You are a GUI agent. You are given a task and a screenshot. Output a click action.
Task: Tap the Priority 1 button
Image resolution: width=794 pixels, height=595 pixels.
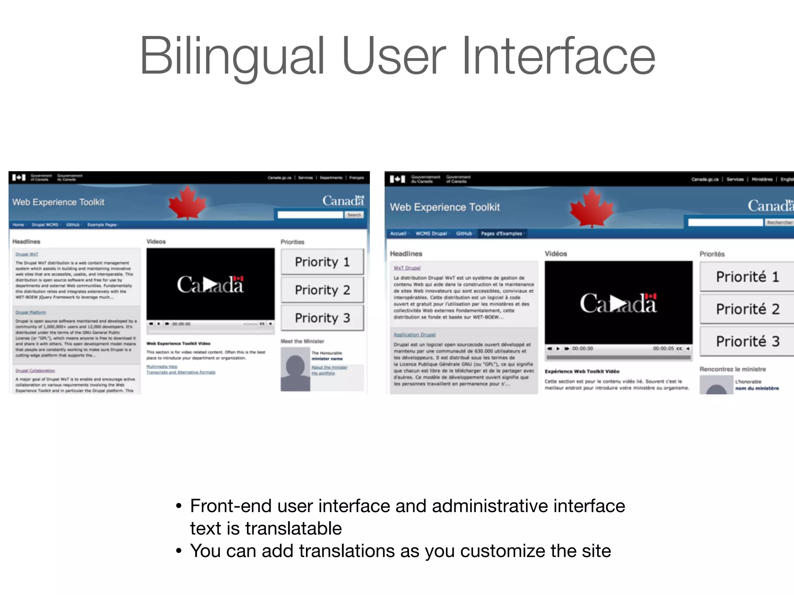tap(322, 262)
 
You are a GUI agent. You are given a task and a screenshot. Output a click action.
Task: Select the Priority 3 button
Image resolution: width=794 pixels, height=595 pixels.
tap(322, 318)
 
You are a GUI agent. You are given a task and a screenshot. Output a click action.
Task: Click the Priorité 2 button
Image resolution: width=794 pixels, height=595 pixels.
tap(747, 309)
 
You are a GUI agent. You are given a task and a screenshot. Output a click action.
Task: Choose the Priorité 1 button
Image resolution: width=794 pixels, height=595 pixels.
tap(747, 277)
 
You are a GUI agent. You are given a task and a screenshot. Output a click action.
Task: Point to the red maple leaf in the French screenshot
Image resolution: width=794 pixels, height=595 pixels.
tap(592, 208)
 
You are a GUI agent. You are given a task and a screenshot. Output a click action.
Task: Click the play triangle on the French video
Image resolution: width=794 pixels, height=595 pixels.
tap(618, 303)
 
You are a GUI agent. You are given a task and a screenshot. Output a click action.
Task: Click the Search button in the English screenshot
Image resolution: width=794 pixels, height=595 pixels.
tap(354, 215)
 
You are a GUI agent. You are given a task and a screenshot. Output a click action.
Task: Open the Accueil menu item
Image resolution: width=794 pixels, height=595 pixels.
tap(398, 234)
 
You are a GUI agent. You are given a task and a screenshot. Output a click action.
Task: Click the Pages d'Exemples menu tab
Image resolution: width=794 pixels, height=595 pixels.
tap(502, 234)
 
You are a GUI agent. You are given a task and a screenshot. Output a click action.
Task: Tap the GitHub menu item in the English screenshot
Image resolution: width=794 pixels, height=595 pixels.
tap(72, 225)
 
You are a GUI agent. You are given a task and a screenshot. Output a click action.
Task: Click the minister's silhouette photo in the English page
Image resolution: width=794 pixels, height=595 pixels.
tap(295, 369)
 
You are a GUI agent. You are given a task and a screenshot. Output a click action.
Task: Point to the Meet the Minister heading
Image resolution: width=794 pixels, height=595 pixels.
tap(302, 341)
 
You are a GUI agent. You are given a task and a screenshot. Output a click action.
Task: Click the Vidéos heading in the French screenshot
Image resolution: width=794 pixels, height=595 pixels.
tap(556, 254)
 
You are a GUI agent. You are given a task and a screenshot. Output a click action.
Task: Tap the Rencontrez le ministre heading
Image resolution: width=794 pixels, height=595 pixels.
tap(732, 369)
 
